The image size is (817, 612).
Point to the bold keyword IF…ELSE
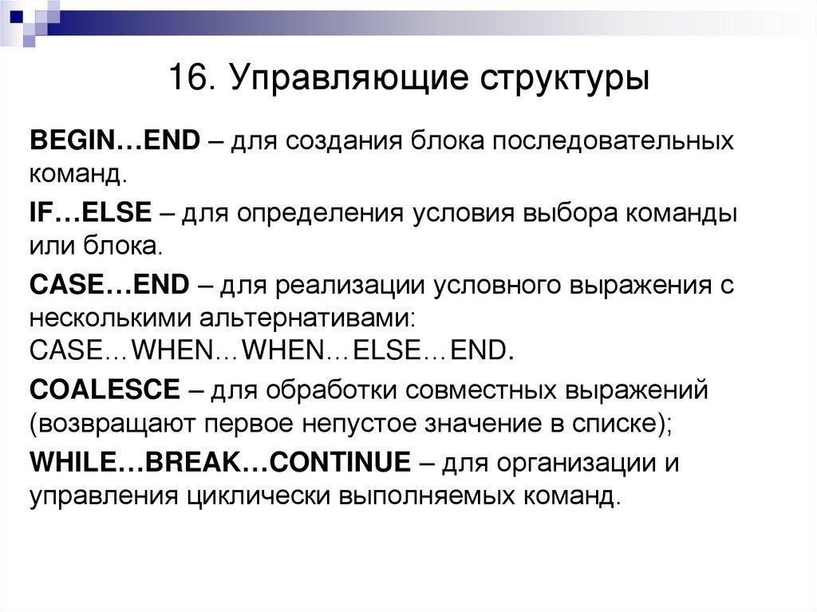pyautogui.click(x=90, y=214)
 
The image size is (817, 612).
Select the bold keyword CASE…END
pyautogui.click(x=109, y=284)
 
